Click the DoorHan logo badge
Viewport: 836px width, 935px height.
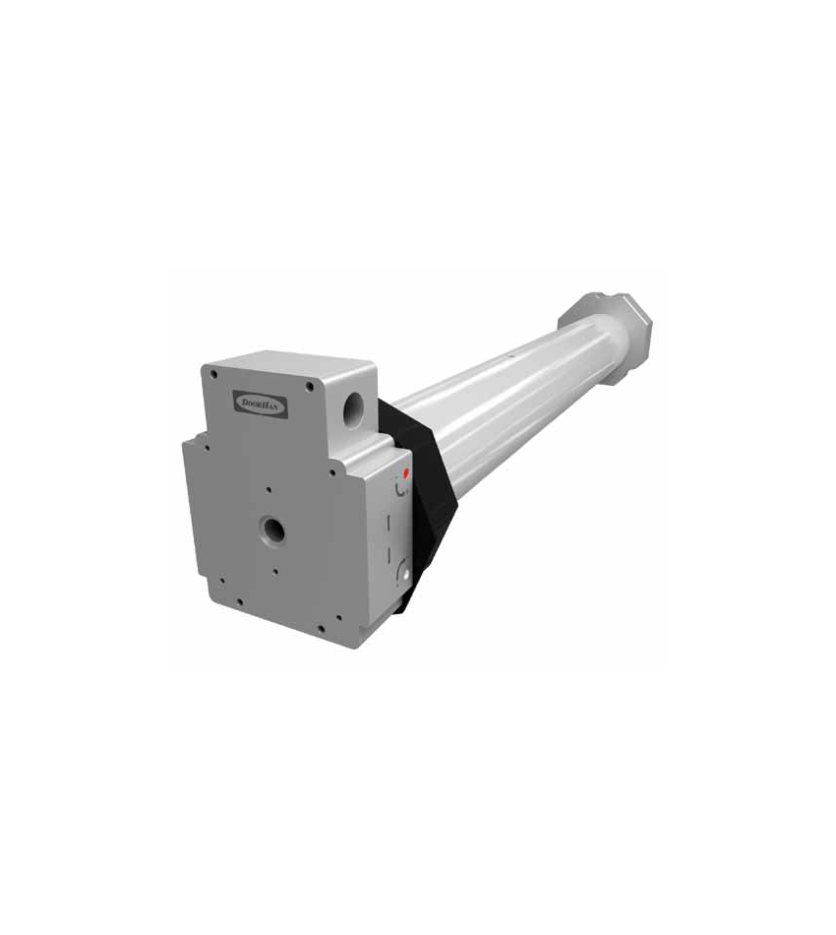click(x=263, y=404)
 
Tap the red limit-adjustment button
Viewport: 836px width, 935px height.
click(x=407, y=474)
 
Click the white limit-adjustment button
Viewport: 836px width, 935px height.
click(x=406, y=576)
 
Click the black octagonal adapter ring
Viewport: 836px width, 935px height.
click(x=423, y=501)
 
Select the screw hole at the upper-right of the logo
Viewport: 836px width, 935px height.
click(x=309, y=386)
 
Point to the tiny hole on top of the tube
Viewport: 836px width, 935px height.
click(x=510, y=357)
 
